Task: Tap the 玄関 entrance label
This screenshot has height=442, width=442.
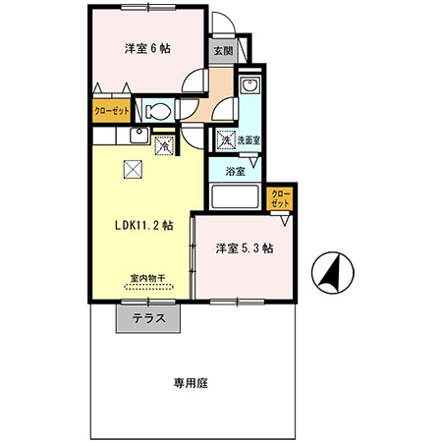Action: [221, 51]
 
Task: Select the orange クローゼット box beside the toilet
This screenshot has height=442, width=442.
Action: [112, 111]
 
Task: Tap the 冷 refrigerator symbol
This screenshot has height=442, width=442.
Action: [165, 146]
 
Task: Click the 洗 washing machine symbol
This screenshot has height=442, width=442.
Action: [225, 140]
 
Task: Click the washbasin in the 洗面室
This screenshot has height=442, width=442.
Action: [249, 88]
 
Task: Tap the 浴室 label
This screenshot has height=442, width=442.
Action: [234, 171]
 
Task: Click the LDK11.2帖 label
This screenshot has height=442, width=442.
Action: [144, 224]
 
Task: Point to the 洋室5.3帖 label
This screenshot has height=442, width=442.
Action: [245, 249]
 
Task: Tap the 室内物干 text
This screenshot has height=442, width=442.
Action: [147, 277]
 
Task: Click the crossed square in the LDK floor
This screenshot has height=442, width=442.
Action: [133, 169]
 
